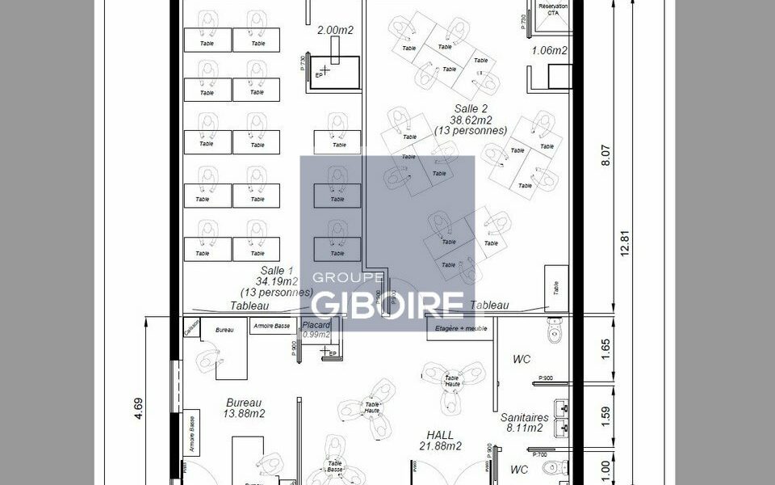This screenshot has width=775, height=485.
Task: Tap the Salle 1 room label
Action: tap(276, 271)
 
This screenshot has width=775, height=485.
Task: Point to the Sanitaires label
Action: tap(525, 418)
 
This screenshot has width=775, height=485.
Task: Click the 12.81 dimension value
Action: tap(623, 243)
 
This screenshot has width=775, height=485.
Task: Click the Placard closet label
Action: tap(316, 325)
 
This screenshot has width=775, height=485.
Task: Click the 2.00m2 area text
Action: tap(336, 30)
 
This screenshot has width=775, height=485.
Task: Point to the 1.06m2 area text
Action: tap(549, 51)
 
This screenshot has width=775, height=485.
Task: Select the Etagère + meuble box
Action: tap(459, 329)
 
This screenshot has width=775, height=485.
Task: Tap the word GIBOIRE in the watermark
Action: tap(387, 303)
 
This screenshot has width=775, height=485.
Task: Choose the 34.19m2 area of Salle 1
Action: tap(276, 281)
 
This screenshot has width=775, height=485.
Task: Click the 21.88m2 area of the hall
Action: tap(441, 446)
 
